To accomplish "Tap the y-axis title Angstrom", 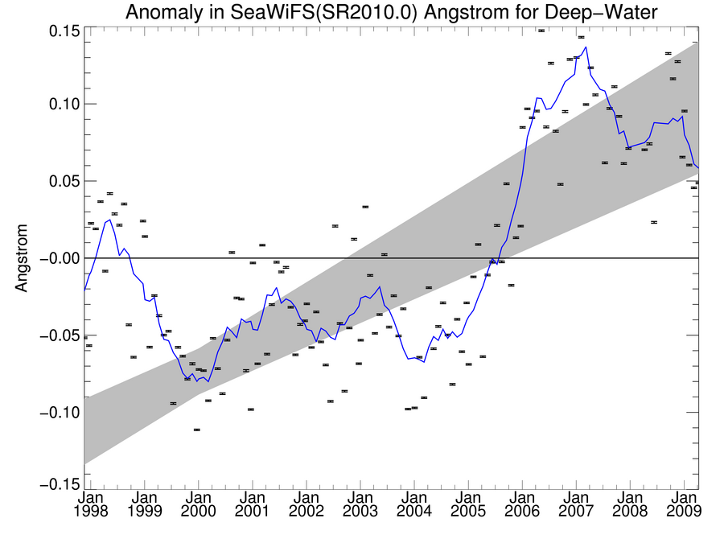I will point(22,257).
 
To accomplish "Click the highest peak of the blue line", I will point(586,47).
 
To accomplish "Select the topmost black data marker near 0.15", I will point(541,31).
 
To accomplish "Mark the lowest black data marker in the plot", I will point(197,430).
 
